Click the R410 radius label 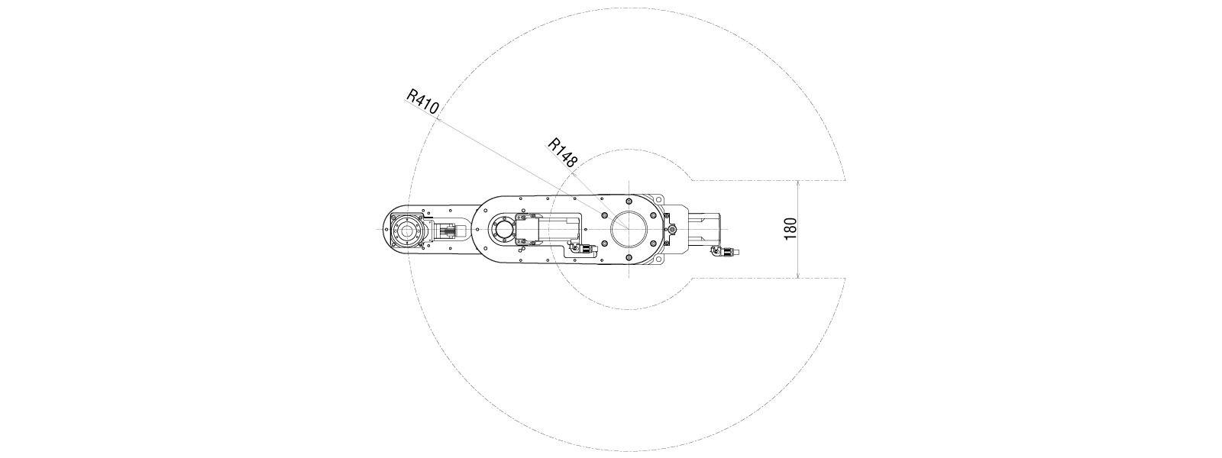click(422, 102)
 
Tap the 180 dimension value click(790, 228)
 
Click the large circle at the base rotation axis click(629, 229)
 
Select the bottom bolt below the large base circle click(629, 257)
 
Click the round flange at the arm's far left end click(407, 230)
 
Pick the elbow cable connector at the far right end click(725, 251)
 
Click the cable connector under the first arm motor click(582, 250)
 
